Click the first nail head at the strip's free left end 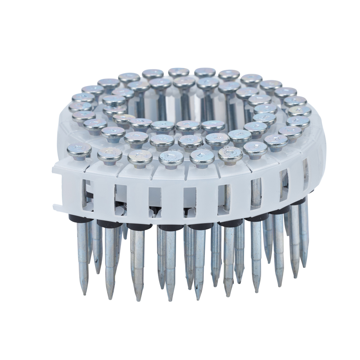pos(79,149)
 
